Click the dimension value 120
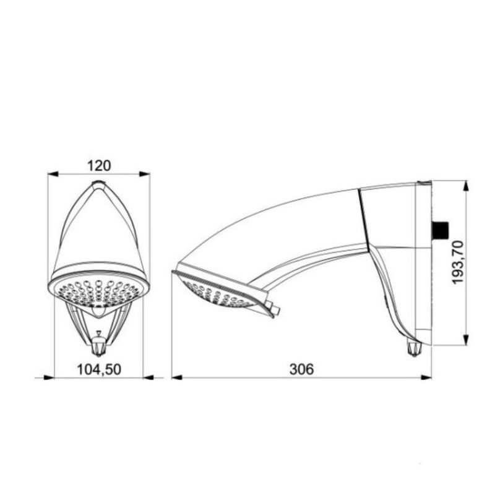99,165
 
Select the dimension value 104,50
99,369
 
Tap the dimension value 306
301,369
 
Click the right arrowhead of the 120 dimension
146,175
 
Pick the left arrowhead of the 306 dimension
176,377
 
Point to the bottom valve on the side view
413,350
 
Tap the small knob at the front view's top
97,184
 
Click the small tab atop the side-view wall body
424,182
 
